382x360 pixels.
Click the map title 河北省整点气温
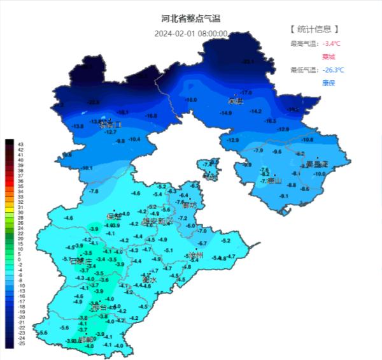(x=191, y=19)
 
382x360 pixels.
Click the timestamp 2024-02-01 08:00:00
(x=191, y=33)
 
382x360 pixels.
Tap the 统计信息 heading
(x=314, y=29)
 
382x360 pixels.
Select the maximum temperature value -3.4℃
(x=332, y=43)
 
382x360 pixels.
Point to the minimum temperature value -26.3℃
(x=334, y=69)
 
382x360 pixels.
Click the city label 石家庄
(x=81, y=262)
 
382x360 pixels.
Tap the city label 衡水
(x=149, y=280)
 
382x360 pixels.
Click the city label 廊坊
(x=189, y=205)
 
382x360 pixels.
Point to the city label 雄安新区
(x=157, y=221)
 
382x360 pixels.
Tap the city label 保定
(x=114, y=216)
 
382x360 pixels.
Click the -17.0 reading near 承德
(x=246, y=93)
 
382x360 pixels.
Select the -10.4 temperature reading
(x=134, y=139)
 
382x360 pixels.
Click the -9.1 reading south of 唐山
(x=284, y=196)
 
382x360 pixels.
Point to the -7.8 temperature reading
(x=94, y=191)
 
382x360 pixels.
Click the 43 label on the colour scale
(x=21, y=144)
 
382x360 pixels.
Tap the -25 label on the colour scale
(x=21, y=343)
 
